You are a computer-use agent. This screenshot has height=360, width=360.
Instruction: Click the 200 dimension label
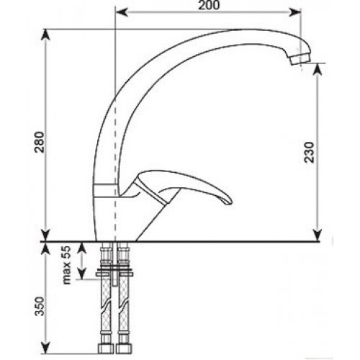pos(209,5)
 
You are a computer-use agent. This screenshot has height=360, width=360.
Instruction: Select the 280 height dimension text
pos(40,142)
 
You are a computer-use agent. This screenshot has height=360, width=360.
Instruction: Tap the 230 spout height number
pos(309,153)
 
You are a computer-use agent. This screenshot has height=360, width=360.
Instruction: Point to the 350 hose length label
pos(40,307)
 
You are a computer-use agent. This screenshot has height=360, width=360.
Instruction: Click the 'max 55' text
pos(66,265)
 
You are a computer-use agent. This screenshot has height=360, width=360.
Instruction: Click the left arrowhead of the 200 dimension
pos(122,12)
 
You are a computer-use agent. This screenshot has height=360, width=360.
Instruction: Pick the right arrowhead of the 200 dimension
pos(294,12)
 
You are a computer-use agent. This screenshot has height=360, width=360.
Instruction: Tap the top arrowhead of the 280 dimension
pos(46,35)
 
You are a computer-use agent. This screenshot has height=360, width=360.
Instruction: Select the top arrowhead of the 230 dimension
pos(318,69)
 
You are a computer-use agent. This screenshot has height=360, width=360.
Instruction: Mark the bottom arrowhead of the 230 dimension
pos(318,235)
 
